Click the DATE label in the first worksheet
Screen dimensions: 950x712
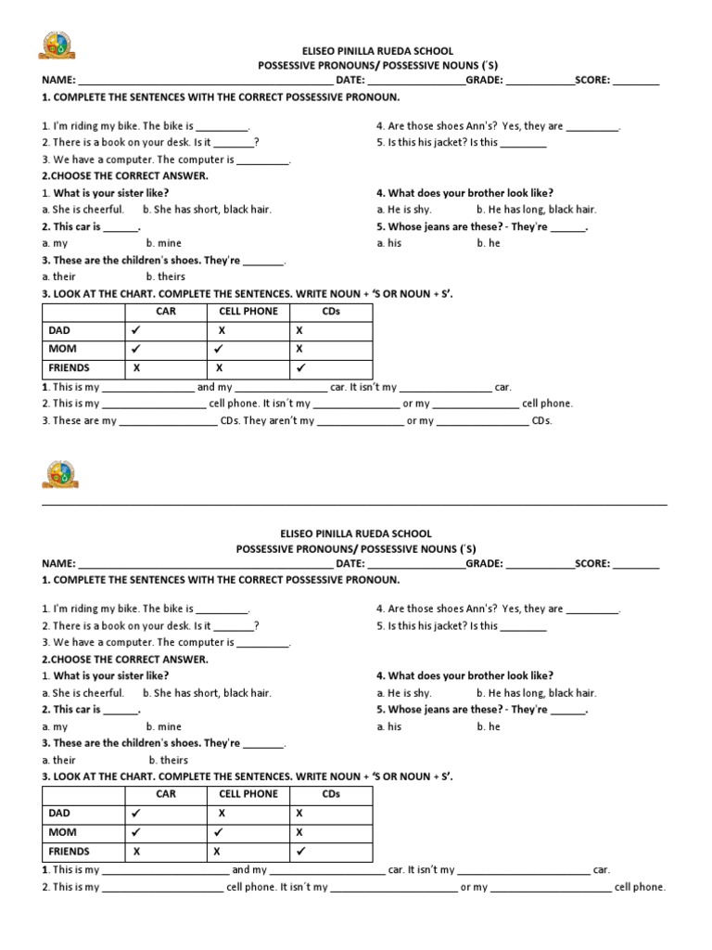click(350, 81)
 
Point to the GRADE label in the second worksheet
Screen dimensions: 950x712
click(484, 563)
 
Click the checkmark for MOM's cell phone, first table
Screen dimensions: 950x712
click(221, 349)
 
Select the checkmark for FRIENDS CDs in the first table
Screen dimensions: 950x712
click(299, 367)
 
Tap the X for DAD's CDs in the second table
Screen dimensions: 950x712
click(299, 813)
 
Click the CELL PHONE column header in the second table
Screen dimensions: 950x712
click(248, 794)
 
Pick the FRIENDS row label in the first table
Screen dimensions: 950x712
click(68, 367)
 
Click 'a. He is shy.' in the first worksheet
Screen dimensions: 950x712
click(404, 210)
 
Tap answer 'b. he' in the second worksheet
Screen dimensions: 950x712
click(488, 726)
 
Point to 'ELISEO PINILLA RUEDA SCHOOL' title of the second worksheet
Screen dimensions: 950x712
click(355, 533)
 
